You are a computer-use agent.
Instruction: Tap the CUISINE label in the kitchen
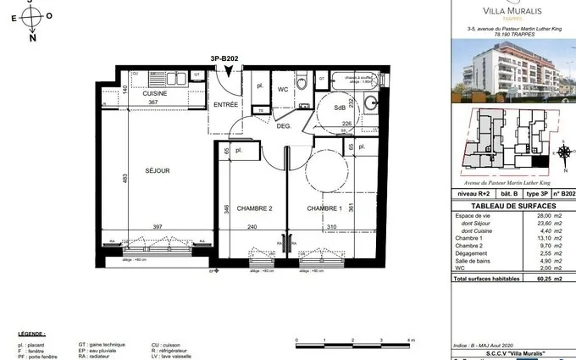pyautogui.click(x=154, y=93)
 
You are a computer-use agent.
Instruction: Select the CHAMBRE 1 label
pyautogui.click(x=324, y=208)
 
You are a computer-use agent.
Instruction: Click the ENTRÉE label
pyautogui.click(x=224, y=104)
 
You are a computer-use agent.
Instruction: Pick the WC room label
pyautogui.click(x=285, y=89)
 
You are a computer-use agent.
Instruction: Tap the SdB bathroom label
pyautogui.click(x=339, y=107)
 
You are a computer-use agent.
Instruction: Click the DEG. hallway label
pyautogui.click(x=284, y=125)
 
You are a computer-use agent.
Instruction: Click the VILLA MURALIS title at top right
pyautogui.click(x=502, y=11)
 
